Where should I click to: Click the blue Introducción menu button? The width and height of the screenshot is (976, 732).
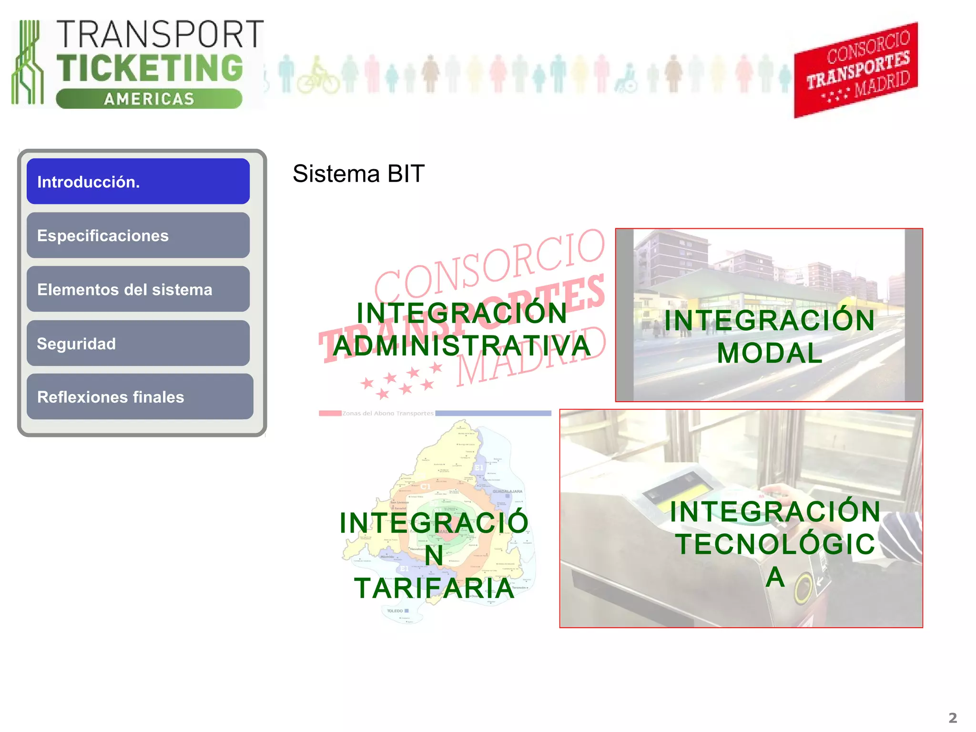coord(138,182)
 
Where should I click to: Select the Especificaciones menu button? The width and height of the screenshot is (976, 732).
coord(138,235)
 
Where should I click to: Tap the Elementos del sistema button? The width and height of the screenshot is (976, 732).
coord(138,289)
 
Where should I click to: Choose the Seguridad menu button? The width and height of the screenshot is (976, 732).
coord(138,343)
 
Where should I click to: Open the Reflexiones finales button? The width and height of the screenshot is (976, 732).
coord(140,396)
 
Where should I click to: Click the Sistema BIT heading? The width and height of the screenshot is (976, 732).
coord(358,173)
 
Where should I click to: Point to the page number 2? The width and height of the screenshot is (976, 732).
coord(952,717)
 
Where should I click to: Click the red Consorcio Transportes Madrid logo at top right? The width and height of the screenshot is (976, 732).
coord(856,70)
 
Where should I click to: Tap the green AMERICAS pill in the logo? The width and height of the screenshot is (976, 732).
coord(149,99)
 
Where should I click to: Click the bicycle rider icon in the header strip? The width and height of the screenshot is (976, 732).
coord(318,77)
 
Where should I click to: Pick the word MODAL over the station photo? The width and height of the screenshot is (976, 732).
coord(770,353)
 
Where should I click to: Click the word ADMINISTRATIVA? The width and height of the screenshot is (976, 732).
coord(461,346)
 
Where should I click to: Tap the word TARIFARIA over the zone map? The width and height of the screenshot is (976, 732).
coord(434,588)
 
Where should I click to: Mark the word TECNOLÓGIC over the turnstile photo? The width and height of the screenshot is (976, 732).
coord(776,544)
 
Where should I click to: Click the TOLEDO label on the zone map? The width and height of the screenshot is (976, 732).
coord(396,610)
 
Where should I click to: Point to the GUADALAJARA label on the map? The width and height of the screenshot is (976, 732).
coord(507,491)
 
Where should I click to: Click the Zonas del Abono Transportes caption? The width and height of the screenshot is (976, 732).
coord(388,413)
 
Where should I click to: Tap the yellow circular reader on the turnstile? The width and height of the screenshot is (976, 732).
coord(804,587)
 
